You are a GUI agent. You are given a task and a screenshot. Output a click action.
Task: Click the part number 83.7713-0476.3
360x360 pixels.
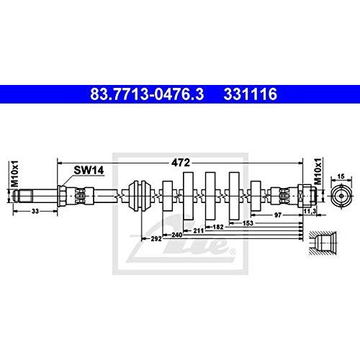click(147, 94)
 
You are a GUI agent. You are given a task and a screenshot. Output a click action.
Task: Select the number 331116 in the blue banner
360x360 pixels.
click(251, 94)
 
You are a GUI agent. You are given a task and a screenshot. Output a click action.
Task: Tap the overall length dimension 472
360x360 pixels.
click(181, 163)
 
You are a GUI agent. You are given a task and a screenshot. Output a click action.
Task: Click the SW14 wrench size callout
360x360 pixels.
click(89, 171)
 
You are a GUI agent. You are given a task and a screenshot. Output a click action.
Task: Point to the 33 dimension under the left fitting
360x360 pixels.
click(35, 211)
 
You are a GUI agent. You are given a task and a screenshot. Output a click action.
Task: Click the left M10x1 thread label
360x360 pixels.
click(14, 174)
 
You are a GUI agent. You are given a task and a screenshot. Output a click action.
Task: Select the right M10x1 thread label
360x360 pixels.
click(318, 171)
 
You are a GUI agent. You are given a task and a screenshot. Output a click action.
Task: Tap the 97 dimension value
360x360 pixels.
click(278, 215)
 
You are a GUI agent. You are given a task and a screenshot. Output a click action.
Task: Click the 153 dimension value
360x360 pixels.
click(248, 223)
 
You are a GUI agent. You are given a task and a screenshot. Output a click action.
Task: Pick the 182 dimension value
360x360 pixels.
click(218, 227)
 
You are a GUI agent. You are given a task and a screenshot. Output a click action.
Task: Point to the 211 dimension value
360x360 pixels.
click(199, 231)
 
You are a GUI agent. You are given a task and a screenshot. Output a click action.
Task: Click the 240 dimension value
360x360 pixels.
click(177, 235)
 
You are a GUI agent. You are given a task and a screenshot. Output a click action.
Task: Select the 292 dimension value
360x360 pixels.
click(156, 239)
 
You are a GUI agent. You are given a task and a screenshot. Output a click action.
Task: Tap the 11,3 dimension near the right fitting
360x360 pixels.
click(310, 211)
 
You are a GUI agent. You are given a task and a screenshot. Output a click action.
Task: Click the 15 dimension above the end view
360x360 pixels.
click(341, 176)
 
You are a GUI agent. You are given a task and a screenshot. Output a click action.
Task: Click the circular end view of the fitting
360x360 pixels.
click(341, 196)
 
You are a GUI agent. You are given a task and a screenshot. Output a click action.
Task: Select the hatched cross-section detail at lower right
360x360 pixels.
click(323, 243)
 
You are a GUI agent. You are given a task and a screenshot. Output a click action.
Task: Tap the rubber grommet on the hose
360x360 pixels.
click(140, 196)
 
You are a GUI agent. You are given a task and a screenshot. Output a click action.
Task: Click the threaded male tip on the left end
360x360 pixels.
click(23, 196)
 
